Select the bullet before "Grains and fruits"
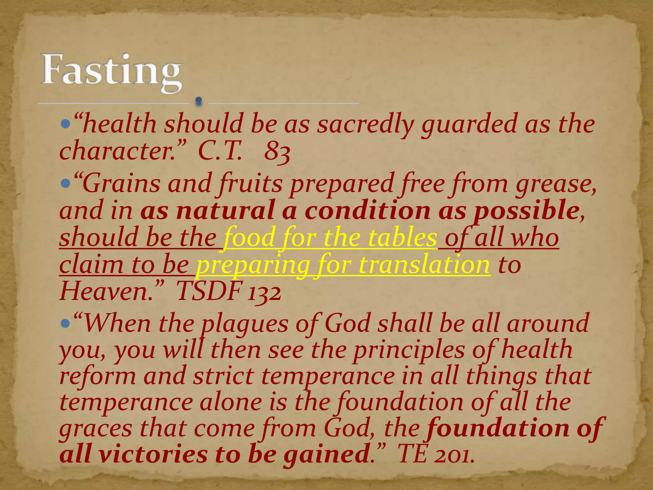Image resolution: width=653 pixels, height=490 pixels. pyautogui.click(x=65, y=183)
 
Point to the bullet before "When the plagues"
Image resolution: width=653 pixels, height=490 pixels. pyautogui.click(x=65, y=324)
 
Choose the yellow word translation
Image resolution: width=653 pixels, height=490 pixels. pyautogui.click(x=424, y=265)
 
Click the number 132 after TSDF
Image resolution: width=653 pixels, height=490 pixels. pyautogui.click(x=264, y=293)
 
